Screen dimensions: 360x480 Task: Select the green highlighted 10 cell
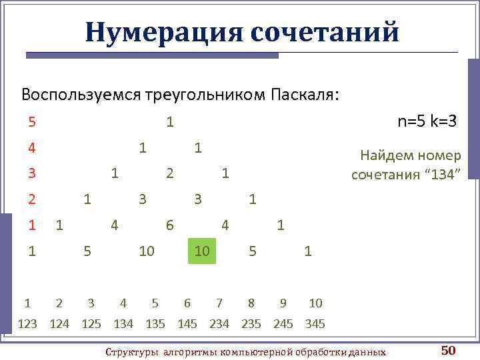(202, 251)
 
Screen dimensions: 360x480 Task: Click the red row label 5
(32, 122)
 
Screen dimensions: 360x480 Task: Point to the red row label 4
(32, 147)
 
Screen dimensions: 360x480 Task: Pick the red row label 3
(32, 173)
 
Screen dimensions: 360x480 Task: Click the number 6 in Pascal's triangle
(170, 225)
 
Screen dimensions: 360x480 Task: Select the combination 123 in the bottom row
(27, 324)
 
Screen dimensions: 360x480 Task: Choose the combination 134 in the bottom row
(123, 324)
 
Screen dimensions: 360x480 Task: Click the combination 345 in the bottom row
(315, 324)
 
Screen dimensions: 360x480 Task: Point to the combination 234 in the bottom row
(219, 324)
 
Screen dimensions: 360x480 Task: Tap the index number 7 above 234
(219, 303)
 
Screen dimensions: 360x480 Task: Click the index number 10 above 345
(315, 303)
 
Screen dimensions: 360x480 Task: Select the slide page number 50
(447, 350)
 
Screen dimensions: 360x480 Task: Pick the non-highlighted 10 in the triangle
(147, 251)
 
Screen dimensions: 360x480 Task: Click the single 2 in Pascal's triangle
(170, 173)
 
